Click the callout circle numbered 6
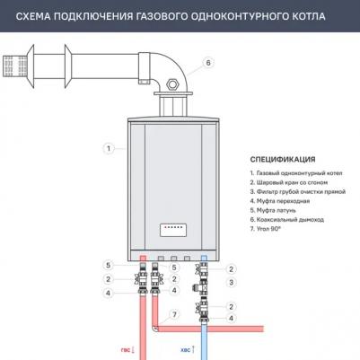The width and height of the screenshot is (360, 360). click(x=208, y=63)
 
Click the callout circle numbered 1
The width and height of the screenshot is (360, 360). click(x=109, y=148)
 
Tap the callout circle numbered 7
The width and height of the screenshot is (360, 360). click(x=174, y=314)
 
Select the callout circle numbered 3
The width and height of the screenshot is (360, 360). click(x=231, y=282)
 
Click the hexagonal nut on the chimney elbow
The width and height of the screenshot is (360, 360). click(x=172, y=84)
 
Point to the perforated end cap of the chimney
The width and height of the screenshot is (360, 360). click(x=15, y=66)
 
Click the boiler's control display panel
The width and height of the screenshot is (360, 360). click(x=173, y=230)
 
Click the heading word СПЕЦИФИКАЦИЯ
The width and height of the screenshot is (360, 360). click(x=283, y=160)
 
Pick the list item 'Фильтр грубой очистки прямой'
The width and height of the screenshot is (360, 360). click(x=298, y=192)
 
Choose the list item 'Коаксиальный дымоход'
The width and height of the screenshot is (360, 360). click(x=287, y=220)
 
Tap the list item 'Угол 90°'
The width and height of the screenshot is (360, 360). click(x=265, y=229)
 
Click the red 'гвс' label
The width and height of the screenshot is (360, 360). click(x=126, y=350)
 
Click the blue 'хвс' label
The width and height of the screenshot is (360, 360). click(x=186, y=350)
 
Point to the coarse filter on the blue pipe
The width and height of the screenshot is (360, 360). click(x=201, y=286)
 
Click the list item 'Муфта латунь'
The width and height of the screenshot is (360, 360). click(x=273, y=210)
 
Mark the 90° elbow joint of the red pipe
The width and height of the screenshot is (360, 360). click(x=155, y=329)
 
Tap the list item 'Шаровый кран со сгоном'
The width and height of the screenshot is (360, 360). click(x=289, y=182)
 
